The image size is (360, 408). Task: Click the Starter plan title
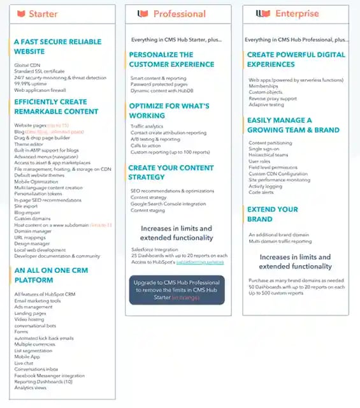pyautogui.click(x=43, y=13)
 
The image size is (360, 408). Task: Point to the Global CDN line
pyautogui.click(x=25, y=65)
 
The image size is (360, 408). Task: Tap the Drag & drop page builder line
pyautogui.click(x=42, y=138)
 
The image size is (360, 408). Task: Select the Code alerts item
pyautogui.click(x=261, y=192)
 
